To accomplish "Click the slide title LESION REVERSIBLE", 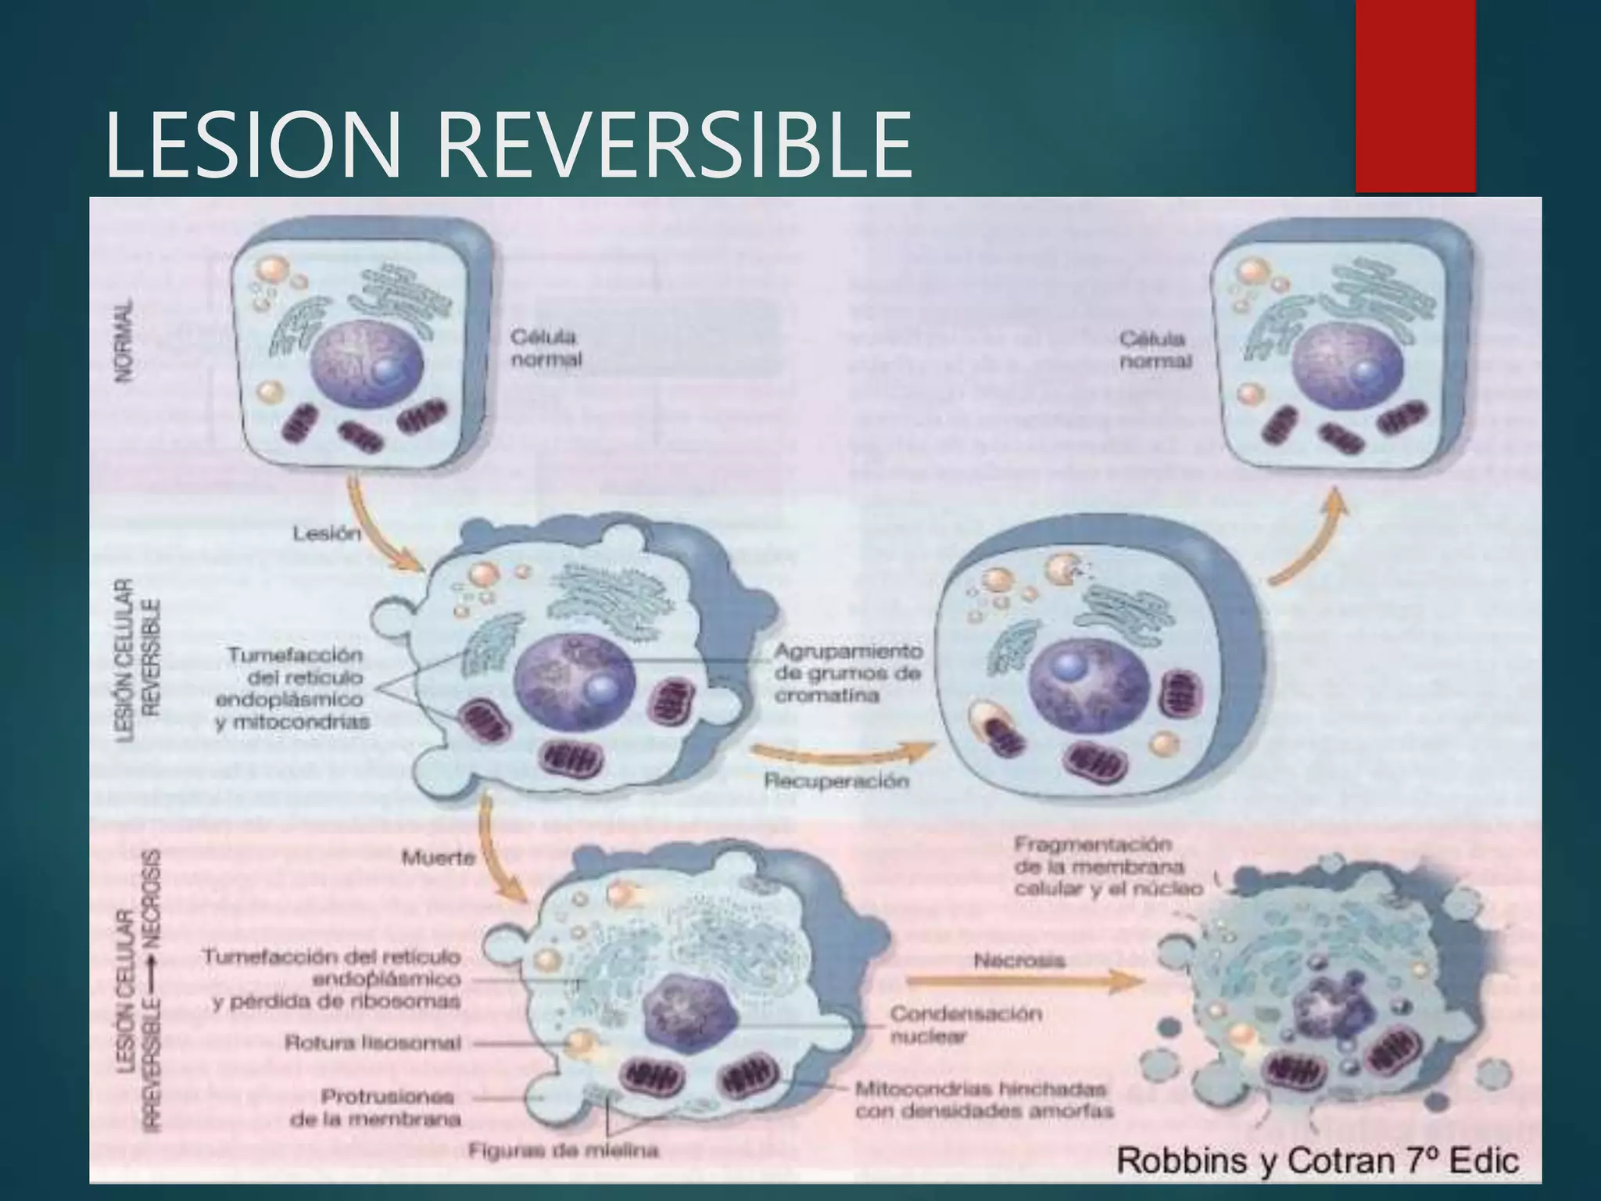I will [508, 145].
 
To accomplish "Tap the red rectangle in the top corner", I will [1415, 95].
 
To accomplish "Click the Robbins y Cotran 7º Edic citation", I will [1317, 1160].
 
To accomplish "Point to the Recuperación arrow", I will [840, 752].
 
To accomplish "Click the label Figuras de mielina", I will [563, 1150].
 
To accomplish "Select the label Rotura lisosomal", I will [372, 1043].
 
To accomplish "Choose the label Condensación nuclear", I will [966, 1025].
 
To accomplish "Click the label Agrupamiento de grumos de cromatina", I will [848, 673].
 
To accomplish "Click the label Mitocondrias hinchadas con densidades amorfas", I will [983, 1099].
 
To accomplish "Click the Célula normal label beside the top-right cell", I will [1155, 350].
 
